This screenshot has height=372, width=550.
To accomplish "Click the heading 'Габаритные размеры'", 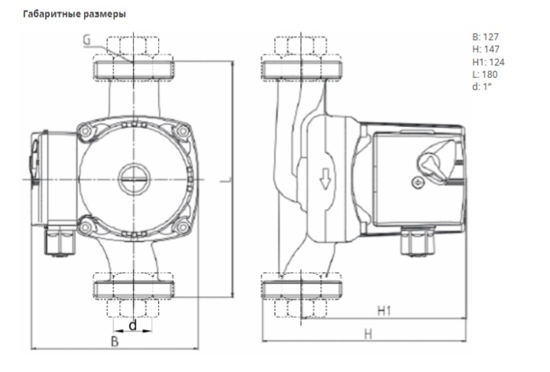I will point(75,15).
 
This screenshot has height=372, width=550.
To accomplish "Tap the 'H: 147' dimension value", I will point(487,48).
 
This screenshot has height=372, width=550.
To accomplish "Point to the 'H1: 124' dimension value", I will point(489,61).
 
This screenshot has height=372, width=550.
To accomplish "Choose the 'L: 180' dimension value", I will point(486,74).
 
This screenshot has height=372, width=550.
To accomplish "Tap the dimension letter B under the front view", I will point(115,342).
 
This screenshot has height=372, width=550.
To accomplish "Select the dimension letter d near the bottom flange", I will point(132,325).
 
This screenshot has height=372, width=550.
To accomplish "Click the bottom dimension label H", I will point(367,334).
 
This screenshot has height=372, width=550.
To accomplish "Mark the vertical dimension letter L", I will point(221,181).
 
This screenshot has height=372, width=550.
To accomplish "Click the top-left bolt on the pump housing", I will point(83,132).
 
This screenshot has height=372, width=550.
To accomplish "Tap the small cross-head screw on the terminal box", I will point(417,183).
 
